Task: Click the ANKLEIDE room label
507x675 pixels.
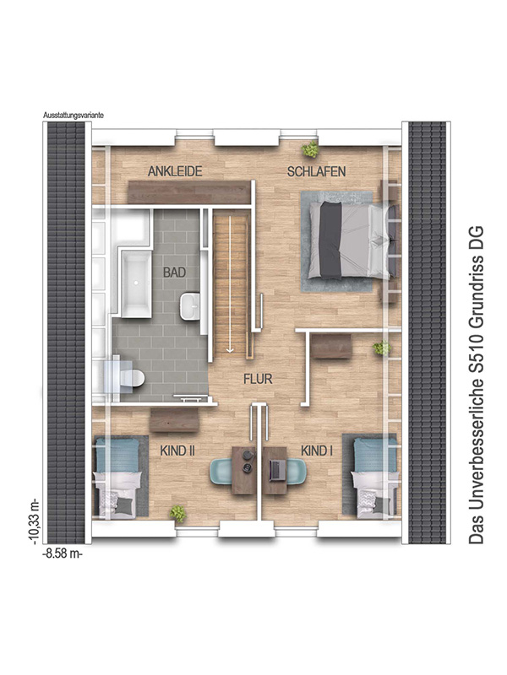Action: [x=175, y=171]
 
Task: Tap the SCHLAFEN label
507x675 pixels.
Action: [x=317, y=171]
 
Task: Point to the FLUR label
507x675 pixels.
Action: [x=258, y=380]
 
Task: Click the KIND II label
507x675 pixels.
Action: [x=177, y=452]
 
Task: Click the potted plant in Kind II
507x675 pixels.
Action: [x=178, y=511]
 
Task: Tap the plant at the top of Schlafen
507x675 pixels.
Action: [x=311, y=150]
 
